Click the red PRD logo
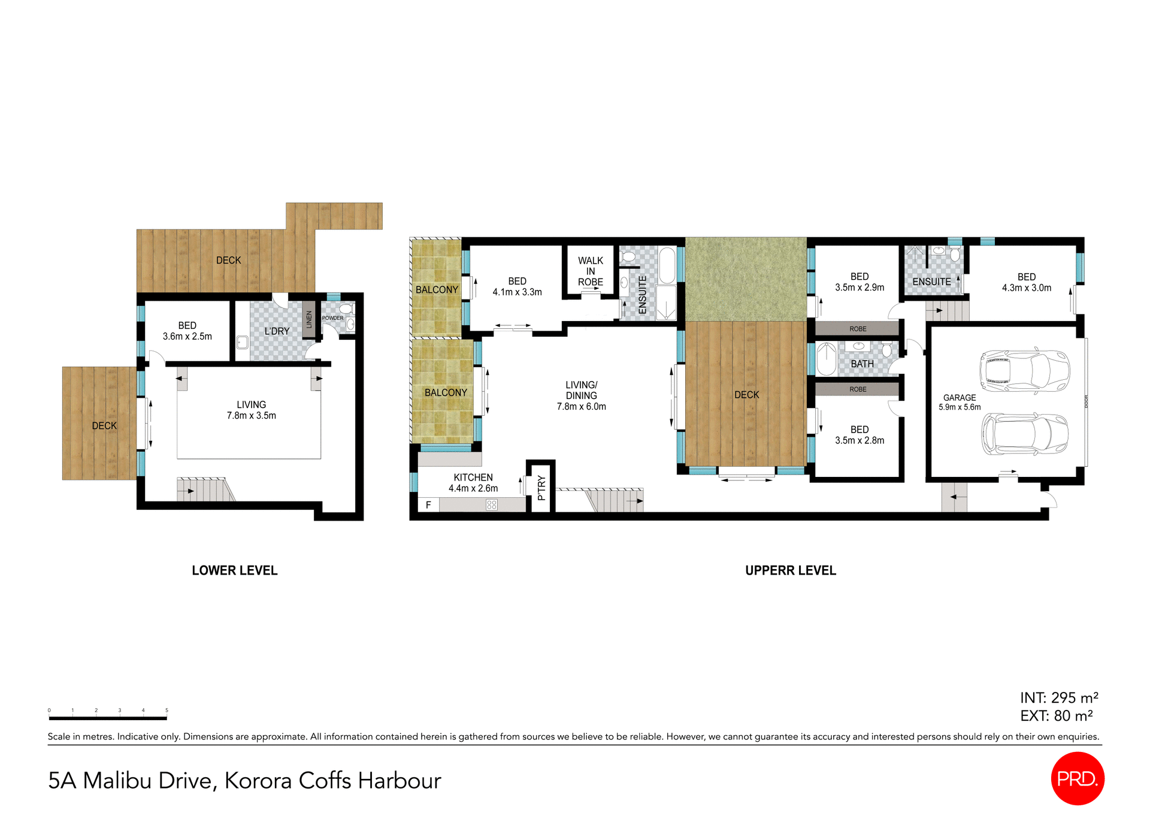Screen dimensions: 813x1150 [1077, 778]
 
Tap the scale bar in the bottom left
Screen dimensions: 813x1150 [108, 717]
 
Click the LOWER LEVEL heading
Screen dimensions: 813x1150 [234, 570]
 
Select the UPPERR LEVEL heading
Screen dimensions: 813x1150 [790, 570]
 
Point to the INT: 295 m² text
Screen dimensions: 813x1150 [1058, 697]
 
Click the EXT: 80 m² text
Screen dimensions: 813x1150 [1056, 715]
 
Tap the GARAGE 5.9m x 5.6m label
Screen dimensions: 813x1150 [960, 402]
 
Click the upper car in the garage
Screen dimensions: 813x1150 [1024, 371]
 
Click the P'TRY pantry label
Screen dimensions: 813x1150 [541, 488]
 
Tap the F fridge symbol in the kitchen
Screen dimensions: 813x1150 [428, 505]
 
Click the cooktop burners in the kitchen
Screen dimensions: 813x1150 [492, 505]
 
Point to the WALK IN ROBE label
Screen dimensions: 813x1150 [590, 271]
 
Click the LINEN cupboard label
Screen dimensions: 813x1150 [309, 319]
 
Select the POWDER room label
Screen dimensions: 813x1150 [332, 318]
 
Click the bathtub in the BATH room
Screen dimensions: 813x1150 [827, 359]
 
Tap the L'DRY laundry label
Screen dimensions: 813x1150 [277, 331]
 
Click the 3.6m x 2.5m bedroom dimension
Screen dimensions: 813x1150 [187, 337]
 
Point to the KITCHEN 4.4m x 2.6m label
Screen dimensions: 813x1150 [473, 483]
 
